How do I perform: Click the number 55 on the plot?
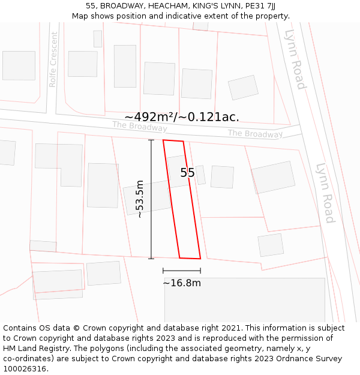pos(187,173)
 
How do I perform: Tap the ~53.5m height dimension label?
pos(140,199)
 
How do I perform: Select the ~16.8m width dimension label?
pos(181,283)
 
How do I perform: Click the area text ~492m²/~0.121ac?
pos(182,117)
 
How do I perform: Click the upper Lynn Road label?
pos(295,59)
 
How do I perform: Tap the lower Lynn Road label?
pos(325,193)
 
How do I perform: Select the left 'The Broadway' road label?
pos(139,127)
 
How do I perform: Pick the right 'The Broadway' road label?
pos(255,134)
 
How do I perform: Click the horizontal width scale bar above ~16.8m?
pos(181,271)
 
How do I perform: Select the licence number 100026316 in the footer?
pos(25,368)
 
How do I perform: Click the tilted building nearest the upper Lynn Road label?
pos(243,88)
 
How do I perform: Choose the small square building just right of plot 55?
pos(222,177)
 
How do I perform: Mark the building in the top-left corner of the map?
pos(19,65)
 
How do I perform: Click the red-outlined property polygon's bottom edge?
pos(190,259)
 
